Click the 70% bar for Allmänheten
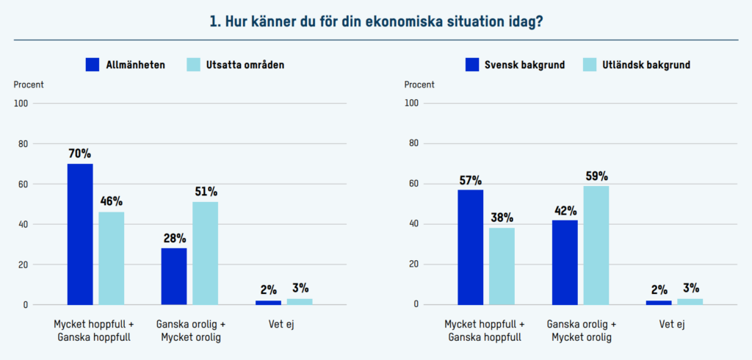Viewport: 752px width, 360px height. (80, 234)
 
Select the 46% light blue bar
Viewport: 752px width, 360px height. (112, 258)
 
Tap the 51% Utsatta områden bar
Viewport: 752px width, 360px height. (206, 253)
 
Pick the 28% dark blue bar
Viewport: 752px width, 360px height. (174, 276)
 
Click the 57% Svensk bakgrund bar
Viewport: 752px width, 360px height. (471, 247)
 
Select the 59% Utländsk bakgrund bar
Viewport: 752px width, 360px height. (596, 245)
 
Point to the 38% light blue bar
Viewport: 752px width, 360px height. (502, 266)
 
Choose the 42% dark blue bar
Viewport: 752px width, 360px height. (565, 262)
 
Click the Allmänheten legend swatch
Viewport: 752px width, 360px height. (93, 65)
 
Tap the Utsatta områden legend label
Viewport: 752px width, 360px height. (245, 65)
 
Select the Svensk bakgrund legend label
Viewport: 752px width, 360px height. (524, 65)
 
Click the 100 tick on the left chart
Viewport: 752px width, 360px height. (21, 104)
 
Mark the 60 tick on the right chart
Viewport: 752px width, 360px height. (413, 184)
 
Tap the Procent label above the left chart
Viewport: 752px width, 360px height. (29, 84)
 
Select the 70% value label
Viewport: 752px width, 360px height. (79, 154)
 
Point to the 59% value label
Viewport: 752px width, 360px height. (596, 176)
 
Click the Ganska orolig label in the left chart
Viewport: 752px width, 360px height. (190, 324)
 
